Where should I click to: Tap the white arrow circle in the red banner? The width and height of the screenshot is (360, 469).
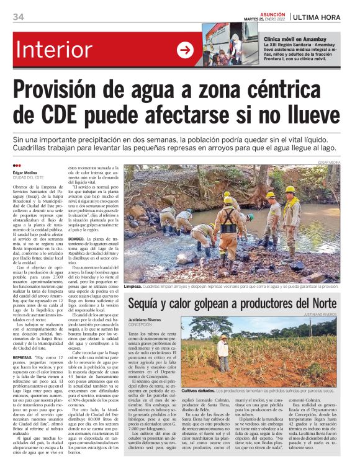[186, 50]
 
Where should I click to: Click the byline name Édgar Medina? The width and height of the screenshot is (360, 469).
[25, 172]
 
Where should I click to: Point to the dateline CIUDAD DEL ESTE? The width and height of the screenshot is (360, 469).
[31, 178]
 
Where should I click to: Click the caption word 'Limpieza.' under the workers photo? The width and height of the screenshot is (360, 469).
[133, 287]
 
